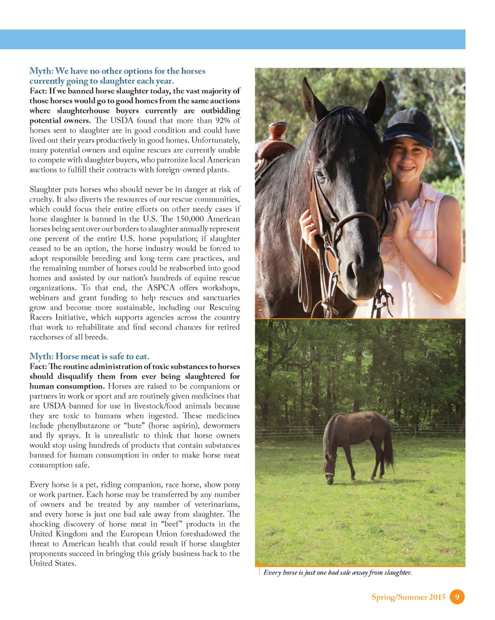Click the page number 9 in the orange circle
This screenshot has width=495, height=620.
(457, 597)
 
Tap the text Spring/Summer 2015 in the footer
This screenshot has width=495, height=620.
(408, 597)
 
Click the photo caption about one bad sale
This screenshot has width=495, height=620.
(337, 573)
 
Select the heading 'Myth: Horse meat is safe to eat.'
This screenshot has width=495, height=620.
(89, 357)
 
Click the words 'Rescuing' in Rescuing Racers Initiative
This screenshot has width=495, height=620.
(224, 308)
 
